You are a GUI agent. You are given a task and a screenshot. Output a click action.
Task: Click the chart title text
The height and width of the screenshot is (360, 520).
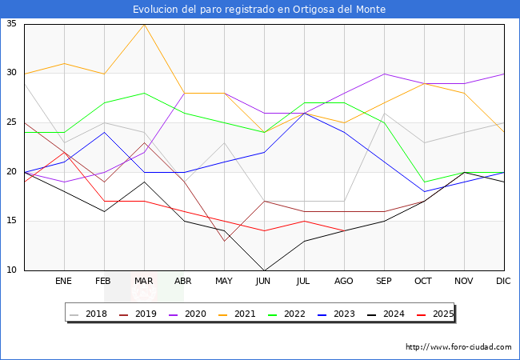259,10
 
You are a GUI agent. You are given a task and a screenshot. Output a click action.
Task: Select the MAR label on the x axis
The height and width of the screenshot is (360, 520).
144,282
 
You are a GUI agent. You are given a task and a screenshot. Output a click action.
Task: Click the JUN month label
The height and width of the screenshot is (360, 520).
264,282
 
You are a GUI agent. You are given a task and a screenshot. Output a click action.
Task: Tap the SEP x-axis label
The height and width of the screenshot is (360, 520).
384,282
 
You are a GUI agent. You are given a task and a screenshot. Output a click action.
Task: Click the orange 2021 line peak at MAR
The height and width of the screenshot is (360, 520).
144,24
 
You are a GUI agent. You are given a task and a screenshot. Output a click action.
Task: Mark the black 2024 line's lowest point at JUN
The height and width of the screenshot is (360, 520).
264,270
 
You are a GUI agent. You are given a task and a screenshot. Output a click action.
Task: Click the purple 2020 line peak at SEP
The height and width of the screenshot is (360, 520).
384,74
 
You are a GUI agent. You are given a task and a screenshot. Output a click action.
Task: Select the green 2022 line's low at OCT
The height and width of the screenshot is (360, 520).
424,182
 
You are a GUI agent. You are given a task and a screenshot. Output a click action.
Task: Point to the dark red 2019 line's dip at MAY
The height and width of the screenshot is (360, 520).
224,241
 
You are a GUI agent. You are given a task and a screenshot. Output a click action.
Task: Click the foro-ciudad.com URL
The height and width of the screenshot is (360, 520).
458,347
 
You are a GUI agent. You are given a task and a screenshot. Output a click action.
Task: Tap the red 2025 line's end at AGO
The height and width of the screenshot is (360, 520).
344,231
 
